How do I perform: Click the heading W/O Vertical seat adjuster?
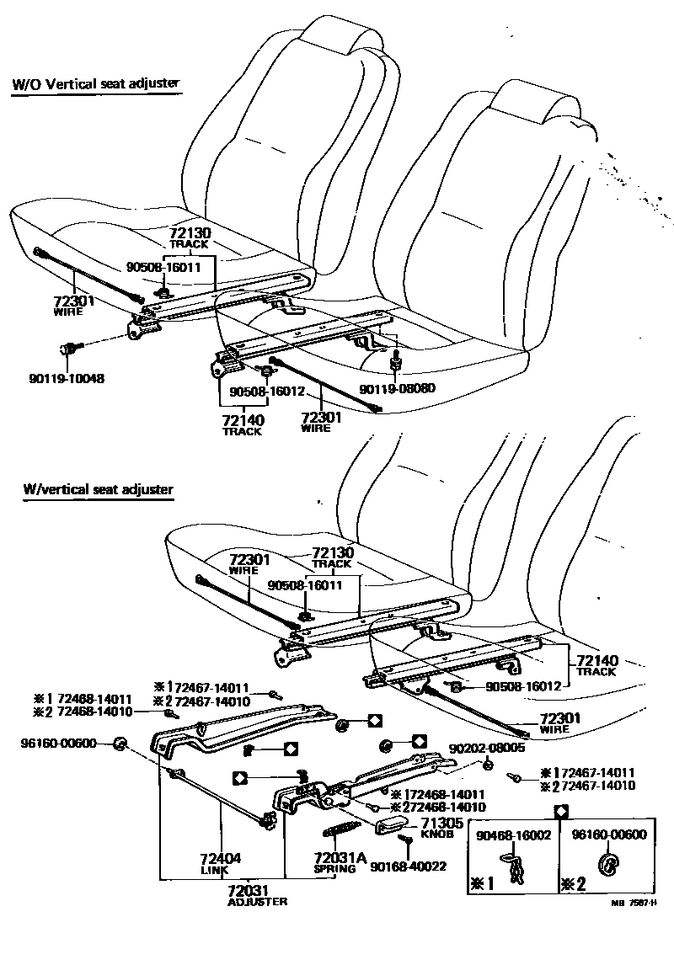pyautogui.click(x=96, y=84)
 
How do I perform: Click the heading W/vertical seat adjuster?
pyautogui.click(x=99, y=489)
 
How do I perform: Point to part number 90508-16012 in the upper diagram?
pyautogui.click(x=258, y=392)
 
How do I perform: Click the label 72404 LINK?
pyautogui.click(x=221, y=862)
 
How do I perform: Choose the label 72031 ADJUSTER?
pyautogui.click(x=257, y=895)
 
